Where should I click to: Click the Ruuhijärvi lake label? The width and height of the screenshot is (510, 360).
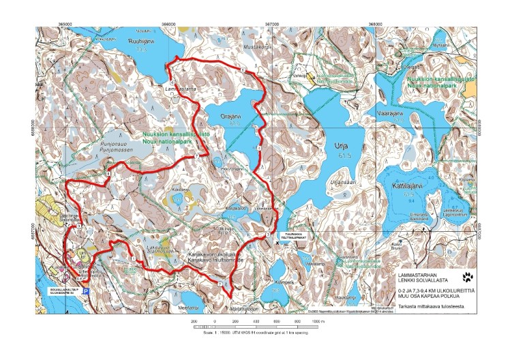(138, 40)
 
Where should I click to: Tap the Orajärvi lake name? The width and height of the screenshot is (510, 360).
(232, 116)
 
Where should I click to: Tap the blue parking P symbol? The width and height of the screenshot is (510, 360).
(85, 290)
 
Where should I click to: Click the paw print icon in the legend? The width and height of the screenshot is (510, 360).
(468, 277)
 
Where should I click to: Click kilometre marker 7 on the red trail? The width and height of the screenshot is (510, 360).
(196, 157)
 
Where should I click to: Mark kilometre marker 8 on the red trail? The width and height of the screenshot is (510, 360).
(108, 175)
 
